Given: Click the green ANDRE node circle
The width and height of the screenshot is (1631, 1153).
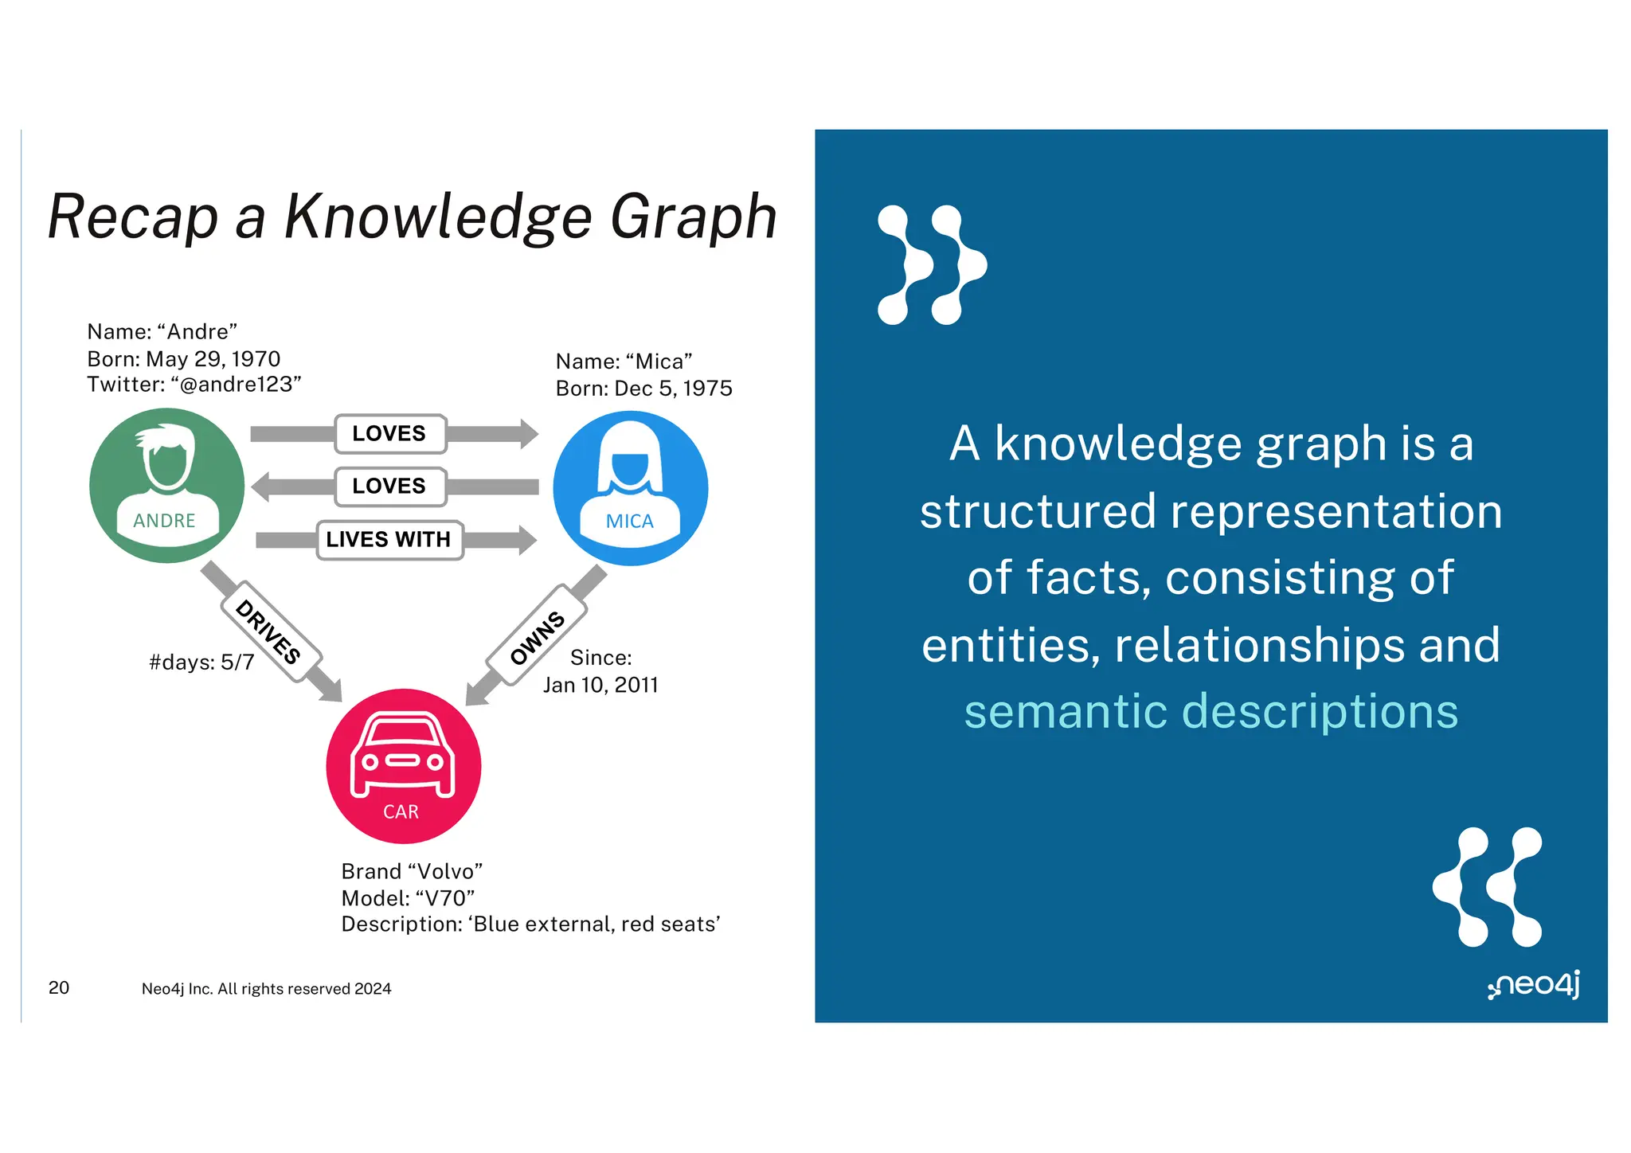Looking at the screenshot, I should [x=166, y=486].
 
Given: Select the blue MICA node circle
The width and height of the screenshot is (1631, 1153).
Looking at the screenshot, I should [x=630, y=488].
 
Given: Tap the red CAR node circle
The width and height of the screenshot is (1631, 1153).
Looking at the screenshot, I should [x=403, y=766].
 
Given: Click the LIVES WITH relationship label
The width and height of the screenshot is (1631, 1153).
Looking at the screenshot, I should [x=389, y=540].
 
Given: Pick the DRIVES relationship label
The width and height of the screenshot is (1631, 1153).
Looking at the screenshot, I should [x=269, y=631].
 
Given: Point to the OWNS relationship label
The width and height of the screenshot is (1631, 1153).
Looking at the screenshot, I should [x=538, y=636].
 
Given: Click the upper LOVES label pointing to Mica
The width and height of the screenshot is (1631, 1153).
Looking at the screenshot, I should [x=389, y=434].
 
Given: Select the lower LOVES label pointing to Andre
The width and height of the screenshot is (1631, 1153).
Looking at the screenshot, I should [x=389, y=487].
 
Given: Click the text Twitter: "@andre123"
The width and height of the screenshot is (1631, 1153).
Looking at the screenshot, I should [x=194, y=385].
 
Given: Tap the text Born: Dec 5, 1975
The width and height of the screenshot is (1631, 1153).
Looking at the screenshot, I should [x=643, y=389].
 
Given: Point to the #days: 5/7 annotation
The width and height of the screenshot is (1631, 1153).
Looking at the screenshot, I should [x=201, y=662].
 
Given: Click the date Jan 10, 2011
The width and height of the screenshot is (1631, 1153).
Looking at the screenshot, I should [x=600, y=685].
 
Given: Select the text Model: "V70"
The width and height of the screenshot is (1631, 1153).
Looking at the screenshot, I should [x=408, y=898].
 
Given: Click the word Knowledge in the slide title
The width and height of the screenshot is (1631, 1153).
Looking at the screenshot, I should [x=439, y=217].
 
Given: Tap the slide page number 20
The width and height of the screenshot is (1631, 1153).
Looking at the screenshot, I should [x=59, y=987].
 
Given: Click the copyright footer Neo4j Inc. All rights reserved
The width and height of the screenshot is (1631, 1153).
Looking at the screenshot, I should [x=266, y=989].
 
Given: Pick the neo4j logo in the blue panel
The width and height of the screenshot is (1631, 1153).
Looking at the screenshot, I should [x=1534, y=985].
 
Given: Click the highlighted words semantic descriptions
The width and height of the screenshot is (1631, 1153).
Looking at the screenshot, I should [x=1211, y=711].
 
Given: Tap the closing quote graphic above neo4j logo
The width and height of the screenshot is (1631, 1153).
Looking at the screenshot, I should [x=1487, y=886].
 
